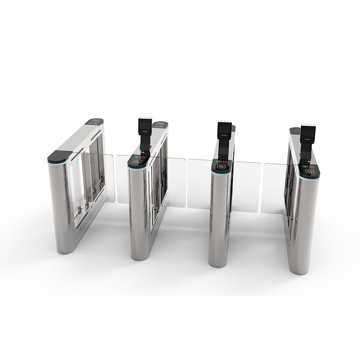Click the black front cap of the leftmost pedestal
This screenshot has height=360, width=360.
point(59,156)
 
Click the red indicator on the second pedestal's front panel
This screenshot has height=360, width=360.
point(143,156)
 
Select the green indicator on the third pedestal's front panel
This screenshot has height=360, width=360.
point(219,162)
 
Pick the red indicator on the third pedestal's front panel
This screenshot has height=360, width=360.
point(226,162)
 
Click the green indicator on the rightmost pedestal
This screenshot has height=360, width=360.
point(305,167)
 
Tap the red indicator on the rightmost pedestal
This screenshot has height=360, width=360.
point(312,167)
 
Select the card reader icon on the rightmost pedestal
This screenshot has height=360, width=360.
point(307,172)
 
